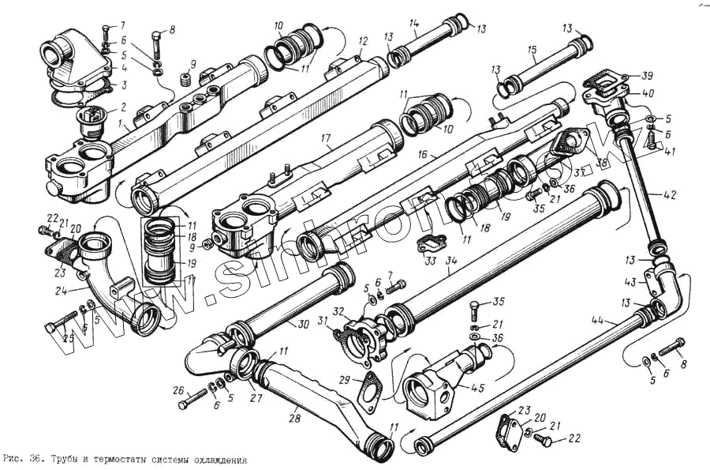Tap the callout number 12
[x=363, y=40]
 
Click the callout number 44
[x=596, y=319]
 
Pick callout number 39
[x=647, y=76]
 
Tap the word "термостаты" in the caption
[x=126, y=459]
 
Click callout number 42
[x=670, y=193]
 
